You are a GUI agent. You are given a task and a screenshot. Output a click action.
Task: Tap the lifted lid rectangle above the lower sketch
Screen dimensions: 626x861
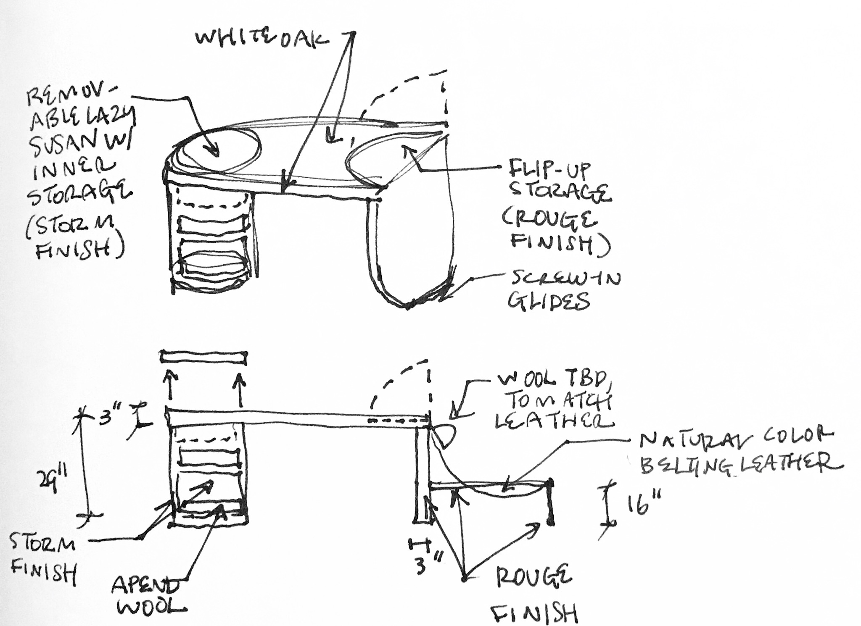coord(203,357)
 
